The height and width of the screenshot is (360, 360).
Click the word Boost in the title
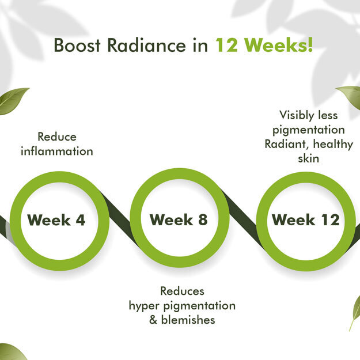tap(77, 45)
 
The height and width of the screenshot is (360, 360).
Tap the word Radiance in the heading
tap(146, 45)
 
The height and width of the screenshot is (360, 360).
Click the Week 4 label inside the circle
tap(56, 220)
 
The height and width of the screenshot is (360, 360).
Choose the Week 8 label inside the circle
tap(179, 219)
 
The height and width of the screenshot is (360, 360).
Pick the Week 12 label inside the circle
tap(306, 219)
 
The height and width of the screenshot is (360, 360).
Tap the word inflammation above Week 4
tap(57, 151)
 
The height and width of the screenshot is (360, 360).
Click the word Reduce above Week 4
tap(57, 137)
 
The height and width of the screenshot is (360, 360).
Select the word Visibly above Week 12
tap(294, 115)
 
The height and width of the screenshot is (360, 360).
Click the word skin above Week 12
tap(309, 158)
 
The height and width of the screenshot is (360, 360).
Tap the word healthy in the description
tap(333, 145)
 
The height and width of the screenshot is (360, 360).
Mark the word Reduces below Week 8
tap(182, 291)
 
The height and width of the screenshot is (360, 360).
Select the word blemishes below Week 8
tap(188, 320)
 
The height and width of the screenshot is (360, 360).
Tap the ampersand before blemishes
tap(153, 320)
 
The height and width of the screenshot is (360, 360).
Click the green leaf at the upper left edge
tap(13, 100)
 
